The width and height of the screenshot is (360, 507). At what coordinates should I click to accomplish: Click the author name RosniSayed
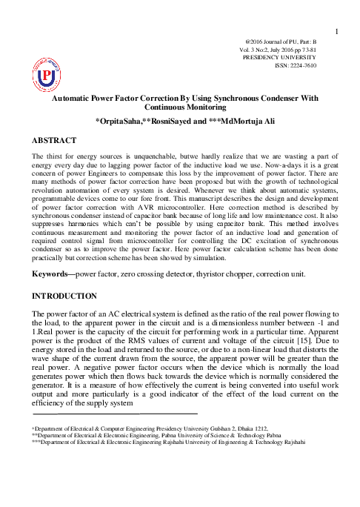pyautogui.click(x=187, y=120)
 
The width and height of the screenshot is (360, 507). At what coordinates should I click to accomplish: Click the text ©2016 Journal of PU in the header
pyautogui.click(x=281, y=40)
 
